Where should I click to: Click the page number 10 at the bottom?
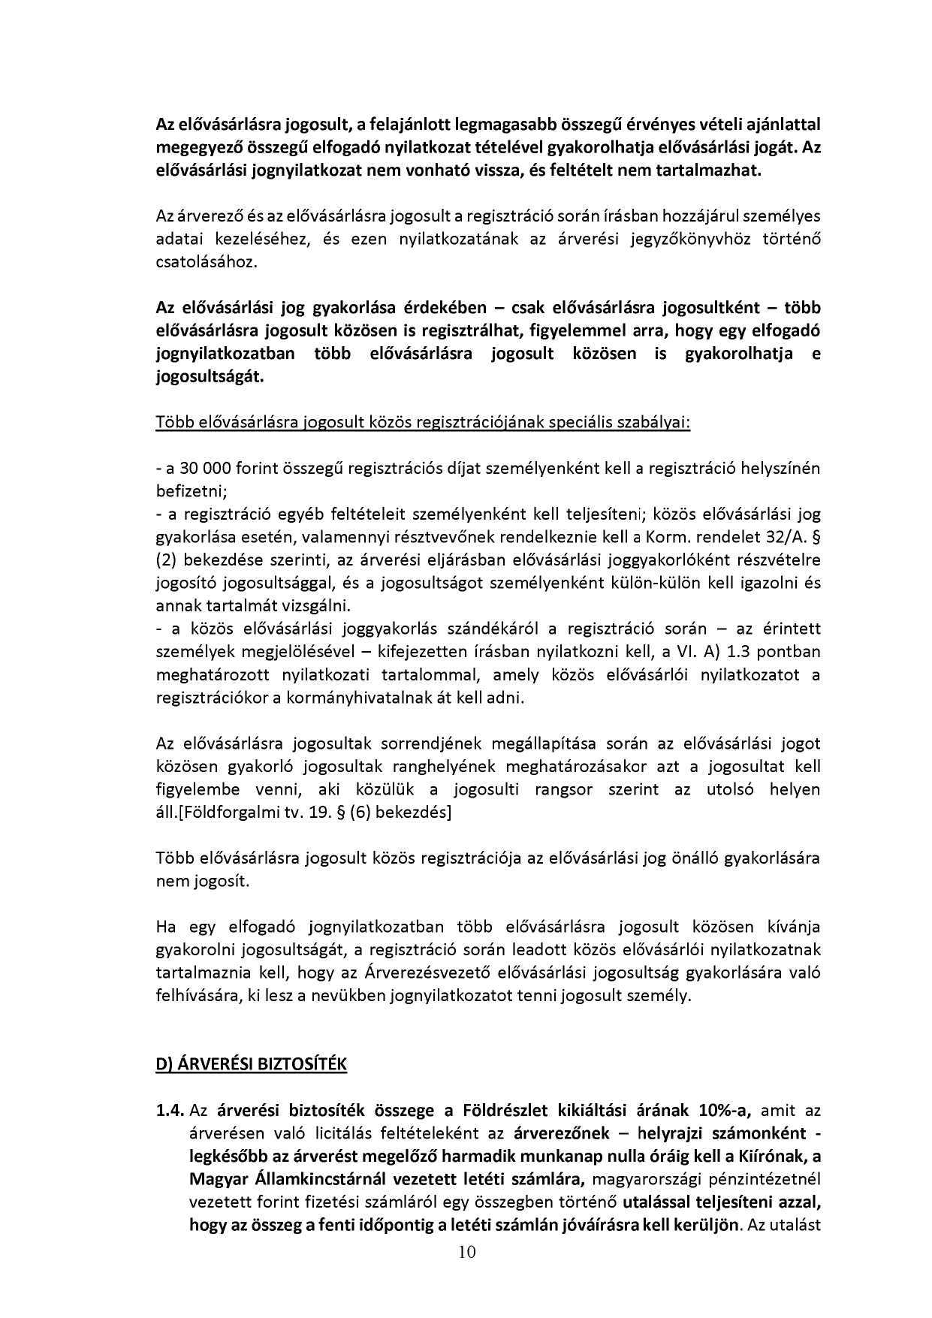[466, 1251]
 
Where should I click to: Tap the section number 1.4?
[170, 1110]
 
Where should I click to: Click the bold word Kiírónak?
[783, 1156]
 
